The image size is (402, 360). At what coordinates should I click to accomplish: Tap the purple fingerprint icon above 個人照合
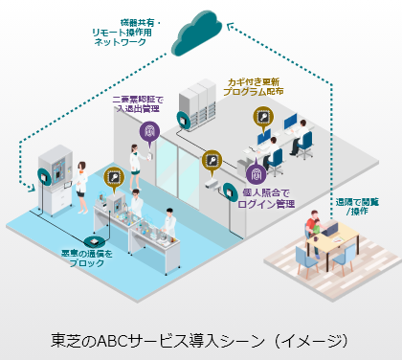coord(256,174)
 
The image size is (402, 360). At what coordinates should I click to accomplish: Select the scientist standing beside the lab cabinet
coord(84,178)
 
